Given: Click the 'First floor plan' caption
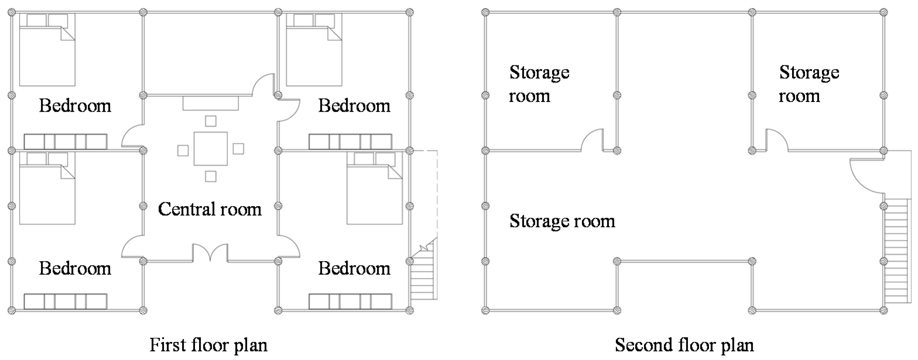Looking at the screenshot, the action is pos(208,345).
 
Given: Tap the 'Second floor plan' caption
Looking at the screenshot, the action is pos(684,345).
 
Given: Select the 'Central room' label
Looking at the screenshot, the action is pos(210,209).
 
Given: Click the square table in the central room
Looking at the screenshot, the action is pos(211,149).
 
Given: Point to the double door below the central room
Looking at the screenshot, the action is pos(210,252).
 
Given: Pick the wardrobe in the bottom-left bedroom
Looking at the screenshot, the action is pos(66,301).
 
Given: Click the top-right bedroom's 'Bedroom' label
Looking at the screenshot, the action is pos(354,106).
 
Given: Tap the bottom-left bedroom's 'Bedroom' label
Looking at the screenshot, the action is pos(75,268).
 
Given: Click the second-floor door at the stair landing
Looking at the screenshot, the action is pos(866,176).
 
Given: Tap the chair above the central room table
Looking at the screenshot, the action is pos(211,121).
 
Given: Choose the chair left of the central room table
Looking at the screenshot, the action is pos(183,150).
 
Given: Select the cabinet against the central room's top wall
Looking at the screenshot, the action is pos(211,103).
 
